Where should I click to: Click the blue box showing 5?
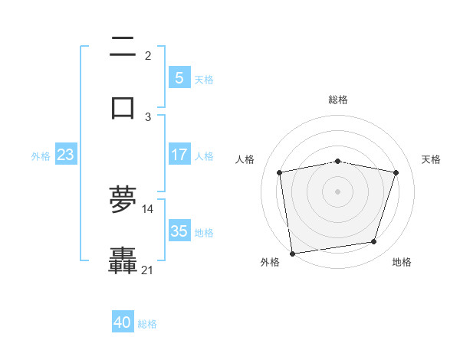pyautogui.click(x=179, y=77)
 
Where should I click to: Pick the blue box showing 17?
pyautogui.click(x=179, y=155)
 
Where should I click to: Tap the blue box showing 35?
pyautogui.click(x=179, y=231)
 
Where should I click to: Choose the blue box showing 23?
pyautogui.click(x=66, y=155)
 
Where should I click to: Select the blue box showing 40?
pyautogui.click(x=123, y=322)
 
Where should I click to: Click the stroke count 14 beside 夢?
pyautogui.click(x=148, y=208)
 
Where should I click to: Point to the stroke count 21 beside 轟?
pyautogui.click(x=148, y=270)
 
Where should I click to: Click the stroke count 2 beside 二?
pyautogui.click(x=148, y=56)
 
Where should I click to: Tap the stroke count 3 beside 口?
pyautogui.click(x=148, y=116)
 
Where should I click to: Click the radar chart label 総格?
pyautogui.click(x=338, y=100)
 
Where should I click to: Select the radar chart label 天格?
pyautogui.click(x=432, y=159)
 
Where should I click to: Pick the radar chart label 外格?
pyautogui.click(x=270, y=262)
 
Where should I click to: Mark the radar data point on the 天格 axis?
pyautogui.click(x=396, y=172)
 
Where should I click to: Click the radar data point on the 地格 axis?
pyautogui.click(x=374, y=242)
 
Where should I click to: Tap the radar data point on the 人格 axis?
pyautogui.click(x=280, y=172)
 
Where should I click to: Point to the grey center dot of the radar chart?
pyautogui.click(x=338, y=191)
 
